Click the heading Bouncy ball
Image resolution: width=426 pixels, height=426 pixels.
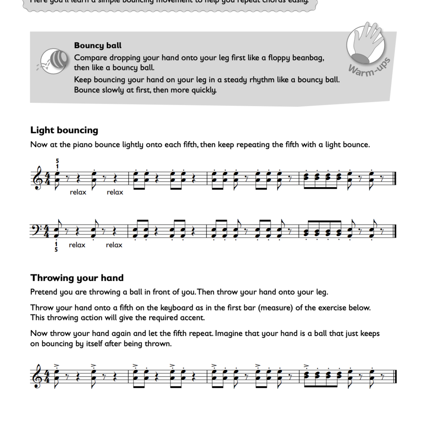(x=98, y=46)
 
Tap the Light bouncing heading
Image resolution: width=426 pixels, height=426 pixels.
(x=64, y=130)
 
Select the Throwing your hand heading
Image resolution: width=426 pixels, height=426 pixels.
(x=77, y=278)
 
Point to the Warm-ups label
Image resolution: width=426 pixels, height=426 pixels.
(x=370, y=65)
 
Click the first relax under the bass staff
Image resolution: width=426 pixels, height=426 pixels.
(x=77, y=245)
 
